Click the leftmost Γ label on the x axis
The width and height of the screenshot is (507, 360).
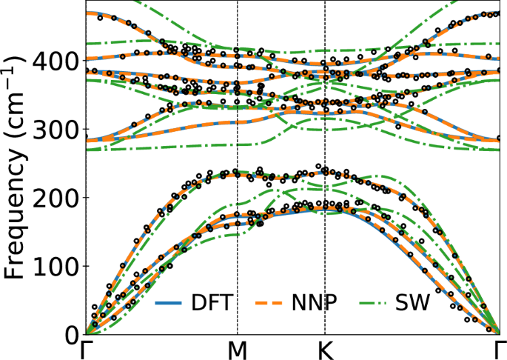[x=87, y=350]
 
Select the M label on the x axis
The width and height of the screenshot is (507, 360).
[x=237, y=350]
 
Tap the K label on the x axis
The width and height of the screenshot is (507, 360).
[x=325, y=350]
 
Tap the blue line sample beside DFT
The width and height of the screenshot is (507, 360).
[x=169, y=303]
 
